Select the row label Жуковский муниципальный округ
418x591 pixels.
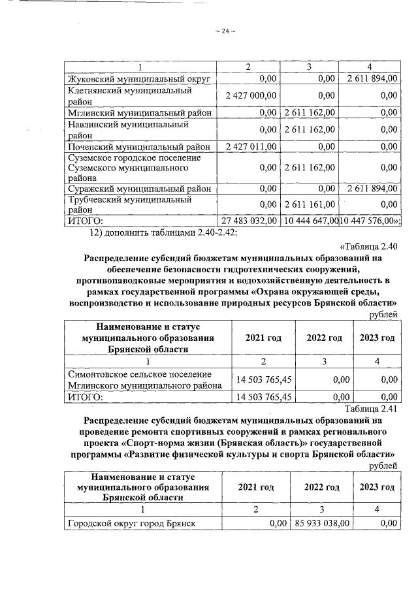tap(138, 79)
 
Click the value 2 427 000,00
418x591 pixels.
tap(251, 95)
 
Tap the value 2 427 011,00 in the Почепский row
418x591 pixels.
tap(251, 146)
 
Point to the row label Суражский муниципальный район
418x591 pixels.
tap(140, 189)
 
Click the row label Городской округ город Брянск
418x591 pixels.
tap(133, 522)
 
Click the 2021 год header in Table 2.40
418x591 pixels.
tap(263, 338)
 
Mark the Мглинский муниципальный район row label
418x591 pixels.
tap(140, 112)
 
